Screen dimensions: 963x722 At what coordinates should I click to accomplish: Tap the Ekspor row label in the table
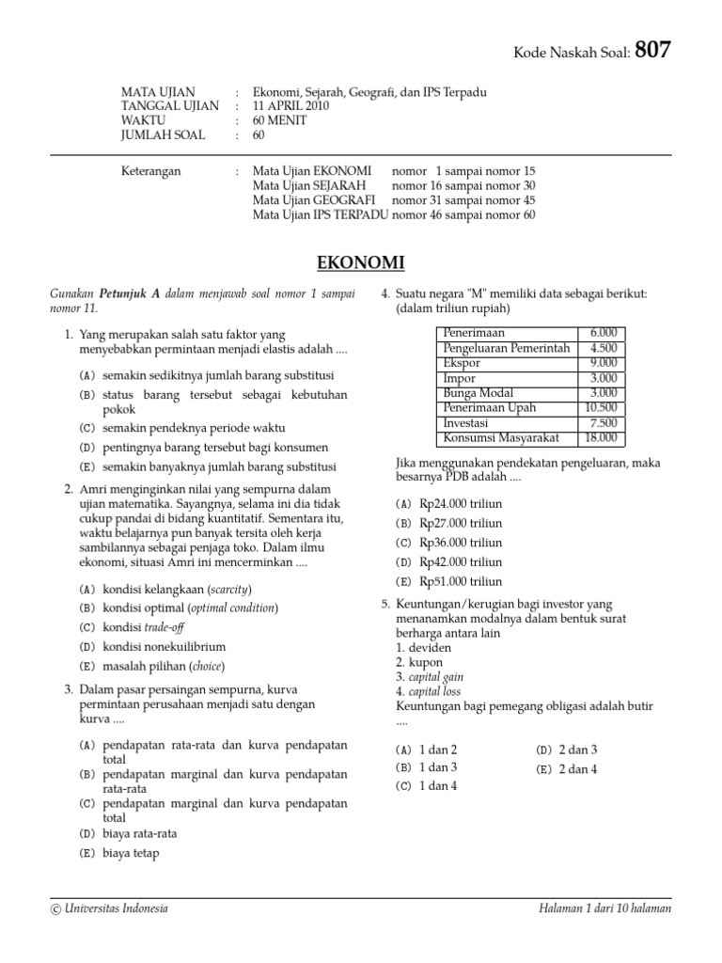(x=462, y=363)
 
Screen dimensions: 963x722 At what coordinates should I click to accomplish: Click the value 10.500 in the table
(x=601, y=408)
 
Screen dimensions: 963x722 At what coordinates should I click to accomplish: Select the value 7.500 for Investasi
(x=604, y=423)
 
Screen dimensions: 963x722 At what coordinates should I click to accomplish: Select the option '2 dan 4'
(x=578, y=769)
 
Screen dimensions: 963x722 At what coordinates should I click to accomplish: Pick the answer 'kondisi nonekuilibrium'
(x=165, y=647)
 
